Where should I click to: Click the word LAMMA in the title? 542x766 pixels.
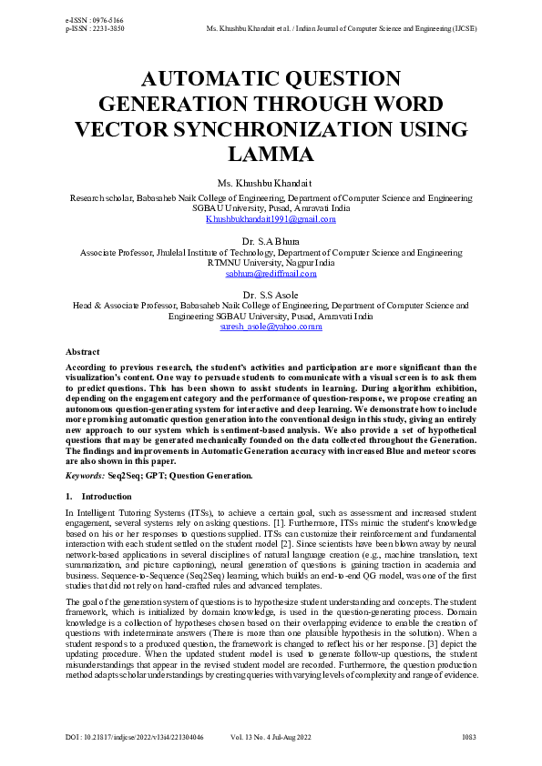[x=271, y=154]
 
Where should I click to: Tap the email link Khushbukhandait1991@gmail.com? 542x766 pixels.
[x=271, y=219]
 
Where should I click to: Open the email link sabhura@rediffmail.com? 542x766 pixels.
[x=271, y=273]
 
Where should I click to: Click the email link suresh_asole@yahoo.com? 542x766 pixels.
[x=271, y=326]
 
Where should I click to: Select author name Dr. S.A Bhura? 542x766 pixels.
[x=271, y=241]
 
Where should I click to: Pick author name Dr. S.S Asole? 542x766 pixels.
[x=271, y=294]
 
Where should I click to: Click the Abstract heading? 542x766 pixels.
[x=83, y=351]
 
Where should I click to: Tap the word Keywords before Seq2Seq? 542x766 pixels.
[x=85, y=475]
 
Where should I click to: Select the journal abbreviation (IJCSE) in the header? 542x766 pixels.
[x=464, y=28]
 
